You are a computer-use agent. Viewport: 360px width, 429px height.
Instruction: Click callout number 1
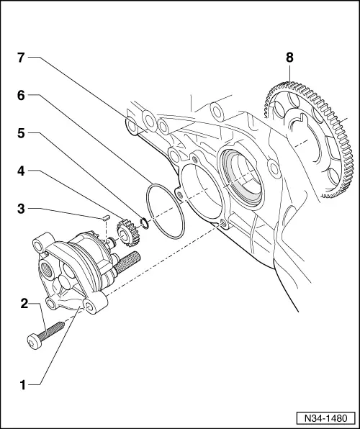point(23,385)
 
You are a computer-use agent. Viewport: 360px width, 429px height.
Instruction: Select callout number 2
point(23,304)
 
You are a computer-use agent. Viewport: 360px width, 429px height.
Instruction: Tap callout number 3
point(23,208)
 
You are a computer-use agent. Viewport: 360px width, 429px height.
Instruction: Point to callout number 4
point(23,171)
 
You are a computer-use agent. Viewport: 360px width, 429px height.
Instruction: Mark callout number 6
point(23,95)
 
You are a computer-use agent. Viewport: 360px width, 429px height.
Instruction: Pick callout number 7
point(23,57)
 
